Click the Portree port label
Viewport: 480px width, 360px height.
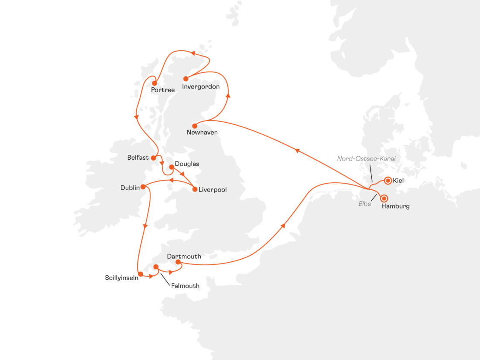(x=163, y=90)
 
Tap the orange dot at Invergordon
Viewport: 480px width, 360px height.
(x=185, y=79)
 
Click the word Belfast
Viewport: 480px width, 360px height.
(x=138, y=158)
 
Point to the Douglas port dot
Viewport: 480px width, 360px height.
(x=171, y=167)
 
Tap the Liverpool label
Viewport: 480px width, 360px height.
(x=213, y=189)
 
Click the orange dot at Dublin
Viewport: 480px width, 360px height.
(x=143, y=187)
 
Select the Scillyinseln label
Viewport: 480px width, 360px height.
(x=122, y=278)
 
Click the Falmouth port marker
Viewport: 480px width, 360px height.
(x=155, y=267)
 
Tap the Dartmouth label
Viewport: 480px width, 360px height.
(x=184, y=256)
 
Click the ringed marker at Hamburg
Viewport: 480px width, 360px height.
(x=384, y=197)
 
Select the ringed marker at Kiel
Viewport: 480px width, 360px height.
(x=387, y=180)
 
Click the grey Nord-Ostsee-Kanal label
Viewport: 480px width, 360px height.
(x=366, y=159)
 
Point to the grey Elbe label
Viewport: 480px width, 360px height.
(x=365, y=203)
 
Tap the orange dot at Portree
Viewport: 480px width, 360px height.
(x=154, y=83)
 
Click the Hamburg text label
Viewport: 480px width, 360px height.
(x=395, y=206)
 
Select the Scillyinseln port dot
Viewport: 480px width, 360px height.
(x=141, y=274)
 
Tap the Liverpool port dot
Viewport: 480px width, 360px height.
(x=195, y=189)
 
